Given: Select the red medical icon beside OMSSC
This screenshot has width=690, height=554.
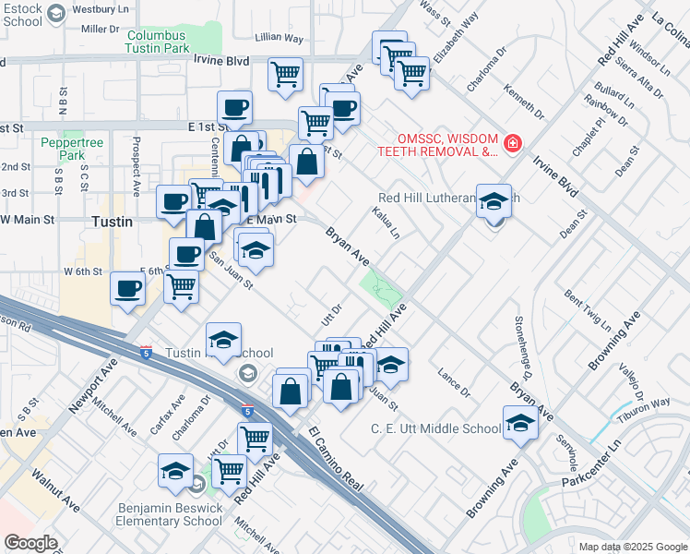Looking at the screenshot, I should (x=511, y=144).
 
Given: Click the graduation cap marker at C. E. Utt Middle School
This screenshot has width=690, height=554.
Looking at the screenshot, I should (x=521, y=424).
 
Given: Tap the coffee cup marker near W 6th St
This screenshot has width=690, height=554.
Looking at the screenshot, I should (x=127, y=289).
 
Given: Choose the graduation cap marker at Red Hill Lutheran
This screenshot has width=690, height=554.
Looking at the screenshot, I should (x=494, y=201).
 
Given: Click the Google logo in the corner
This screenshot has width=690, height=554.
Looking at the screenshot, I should (x=30, y=542).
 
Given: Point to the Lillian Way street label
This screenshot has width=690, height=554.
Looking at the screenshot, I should (x=280, y=38).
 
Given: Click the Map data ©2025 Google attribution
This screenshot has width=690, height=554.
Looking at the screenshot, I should (x=632, y=546).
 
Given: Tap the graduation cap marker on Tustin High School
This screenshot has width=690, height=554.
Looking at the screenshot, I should (x=223, y=341).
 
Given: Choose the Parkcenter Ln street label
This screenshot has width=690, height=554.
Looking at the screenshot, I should (x=603, y=466).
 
